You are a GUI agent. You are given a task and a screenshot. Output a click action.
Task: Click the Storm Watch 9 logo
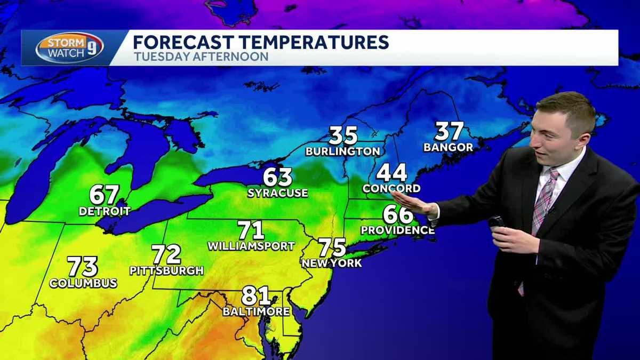69,48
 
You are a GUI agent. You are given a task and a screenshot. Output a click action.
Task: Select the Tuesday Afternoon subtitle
201,57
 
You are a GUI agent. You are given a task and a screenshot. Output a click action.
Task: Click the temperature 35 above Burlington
342,135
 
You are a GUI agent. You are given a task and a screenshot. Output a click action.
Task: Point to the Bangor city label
448,147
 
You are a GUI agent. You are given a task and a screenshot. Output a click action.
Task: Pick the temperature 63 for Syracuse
277,177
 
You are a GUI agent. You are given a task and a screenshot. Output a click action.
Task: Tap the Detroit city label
105,212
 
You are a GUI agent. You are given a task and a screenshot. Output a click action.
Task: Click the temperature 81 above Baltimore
256,295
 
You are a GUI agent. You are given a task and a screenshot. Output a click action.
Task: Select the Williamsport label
251,246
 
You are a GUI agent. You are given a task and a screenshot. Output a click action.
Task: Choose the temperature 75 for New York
332,247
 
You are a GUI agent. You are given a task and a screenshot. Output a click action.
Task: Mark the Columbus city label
83,283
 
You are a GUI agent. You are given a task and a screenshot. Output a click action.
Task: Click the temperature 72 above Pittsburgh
166,254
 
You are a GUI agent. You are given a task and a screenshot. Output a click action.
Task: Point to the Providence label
397,230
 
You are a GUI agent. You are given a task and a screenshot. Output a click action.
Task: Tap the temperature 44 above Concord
391,173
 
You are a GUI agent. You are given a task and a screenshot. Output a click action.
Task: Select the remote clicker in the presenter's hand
495,222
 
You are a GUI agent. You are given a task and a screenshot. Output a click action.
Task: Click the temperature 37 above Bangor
449,131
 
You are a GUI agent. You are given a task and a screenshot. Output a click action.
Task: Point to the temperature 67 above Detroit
104,195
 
